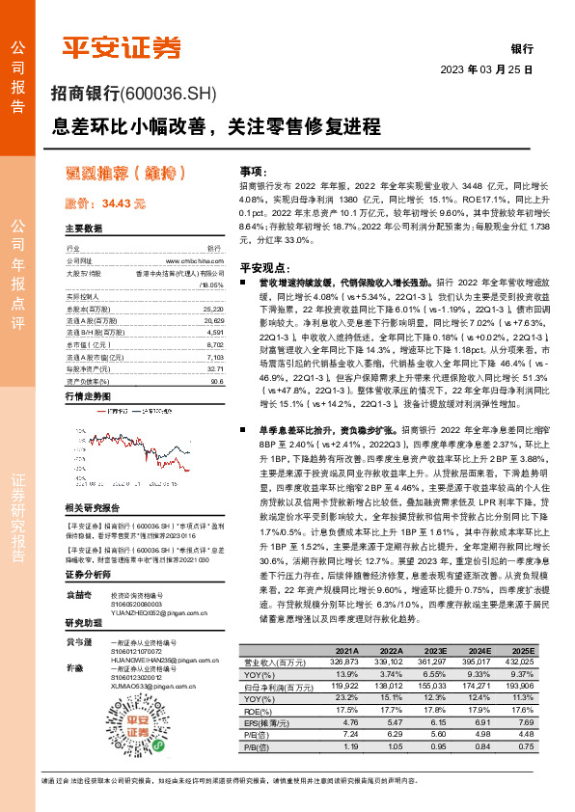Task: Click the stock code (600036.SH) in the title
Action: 171,94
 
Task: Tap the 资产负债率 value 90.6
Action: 216,381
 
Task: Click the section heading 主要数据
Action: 84,229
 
